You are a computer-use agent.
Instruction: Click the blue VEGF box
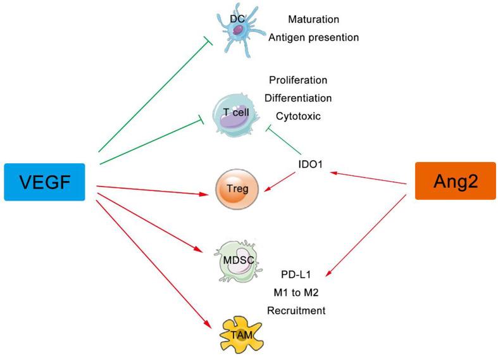pyautogui.click(x=44, y=182)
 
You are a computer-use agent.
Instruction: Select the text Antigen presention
pyautogui.click(x=313, y=37)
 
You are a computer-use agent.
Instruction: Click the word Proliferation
pyautogui.click(x=297, y=80)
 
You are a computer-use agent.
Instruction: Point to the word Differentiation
pyautogui.click(x=300, y=98)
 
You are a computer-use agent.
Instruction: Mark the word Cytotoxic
pyautogui.click(x=298, y=116)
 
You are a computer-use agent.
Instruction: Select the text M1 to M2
pyautogui.click(x=296, y=293)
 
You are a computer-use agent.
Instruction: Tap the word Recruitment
pyautogui.click(x=296, y=311)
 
